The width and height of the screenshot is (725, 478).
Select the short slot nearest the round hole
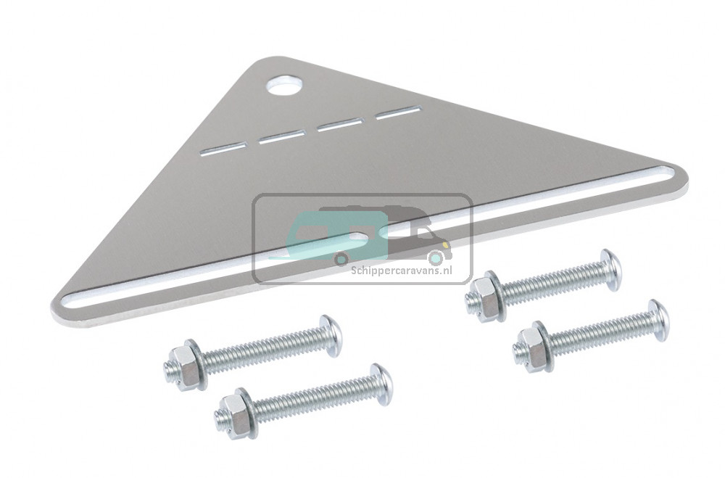[x=399, y=112]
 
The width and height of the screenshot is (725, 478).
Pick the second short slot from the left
[x=283, y=136]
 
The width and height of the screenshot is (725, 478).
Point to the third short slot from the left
[x=340, y=124]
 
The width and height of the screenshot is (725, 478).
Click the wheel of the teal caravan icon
[x=341, y=258]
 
